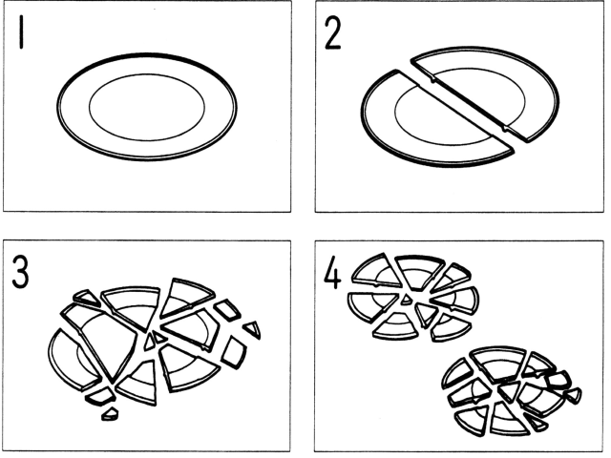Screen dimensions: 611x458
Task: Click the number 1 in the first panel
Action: coord(21,31)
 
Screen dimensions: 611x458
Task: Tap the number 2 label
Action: coord(333,33)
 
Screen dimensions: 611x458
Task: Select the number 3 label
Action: coord(20,271)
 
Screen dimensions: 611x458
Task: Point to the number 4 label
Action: coord(332,272)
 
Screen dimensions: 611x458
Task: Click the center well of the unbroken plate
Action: coord(147,107)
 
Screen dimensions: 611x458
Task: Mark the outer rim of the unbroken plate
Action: coord(146,54)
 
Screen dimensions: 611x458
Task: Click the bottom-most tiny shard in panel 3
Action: coord(110,414)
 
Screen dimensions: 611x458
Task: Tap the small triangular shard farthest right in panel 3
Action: coord(254,329)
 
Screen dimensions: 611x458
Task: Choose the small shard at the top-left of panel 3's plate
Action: coord(87,298)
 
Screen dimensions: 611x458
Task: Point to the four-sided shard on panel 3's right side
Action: coord(234,352)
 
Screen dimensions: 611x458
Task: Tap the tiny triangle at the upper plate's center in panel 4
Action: coord(407,300)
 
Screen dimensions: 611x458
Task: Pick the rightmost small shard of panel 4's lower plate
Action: coord(574,395)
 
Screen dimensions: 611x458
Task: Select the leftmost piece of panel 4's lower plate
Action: coord(456,375)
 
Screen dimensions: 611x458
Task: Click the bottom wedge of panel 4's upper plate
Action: coord(396,326)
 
